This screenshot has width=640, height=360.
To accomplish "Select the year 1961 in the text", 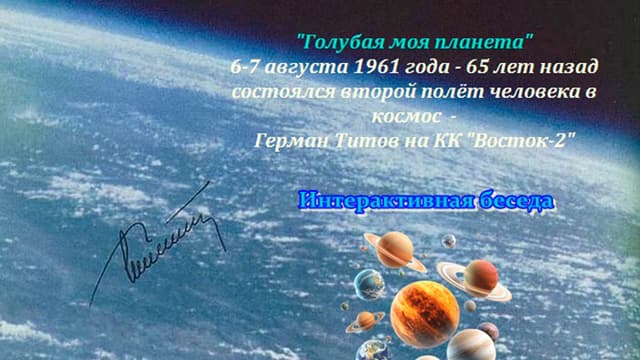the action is [x=376, y=67].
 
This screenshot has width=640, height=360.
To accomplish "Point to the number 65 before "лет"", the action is [x=478, y=67].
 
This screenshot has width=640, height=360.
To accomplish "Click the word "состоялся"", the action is [x=283, y=92].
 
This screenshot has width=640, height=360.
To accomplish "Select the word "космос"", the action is [x=406, y=117].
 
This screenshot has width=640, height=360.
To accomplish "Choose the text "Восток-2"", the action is [x=520, y=141].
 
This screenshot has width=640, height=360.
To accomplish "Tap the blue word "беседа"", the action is [x=516, y=201].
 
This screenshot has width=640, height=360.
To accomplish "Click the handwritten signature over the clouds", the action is [x=157, y=244].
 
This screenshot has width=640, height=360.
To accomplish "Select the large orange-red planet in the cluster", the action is [x=425, y=314].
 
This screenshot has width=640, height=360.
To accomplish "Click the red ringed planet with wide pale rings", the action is [x=480, y=279].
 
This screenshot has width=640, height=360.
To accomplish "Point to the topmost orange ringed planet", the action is [x=394, y=249].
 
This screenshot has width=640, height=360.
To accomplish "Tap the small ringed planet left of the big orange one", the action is [x=365, y=321].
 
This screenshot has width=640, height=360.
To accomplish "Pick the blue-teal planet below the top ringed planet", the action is [x=369, y=285].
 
